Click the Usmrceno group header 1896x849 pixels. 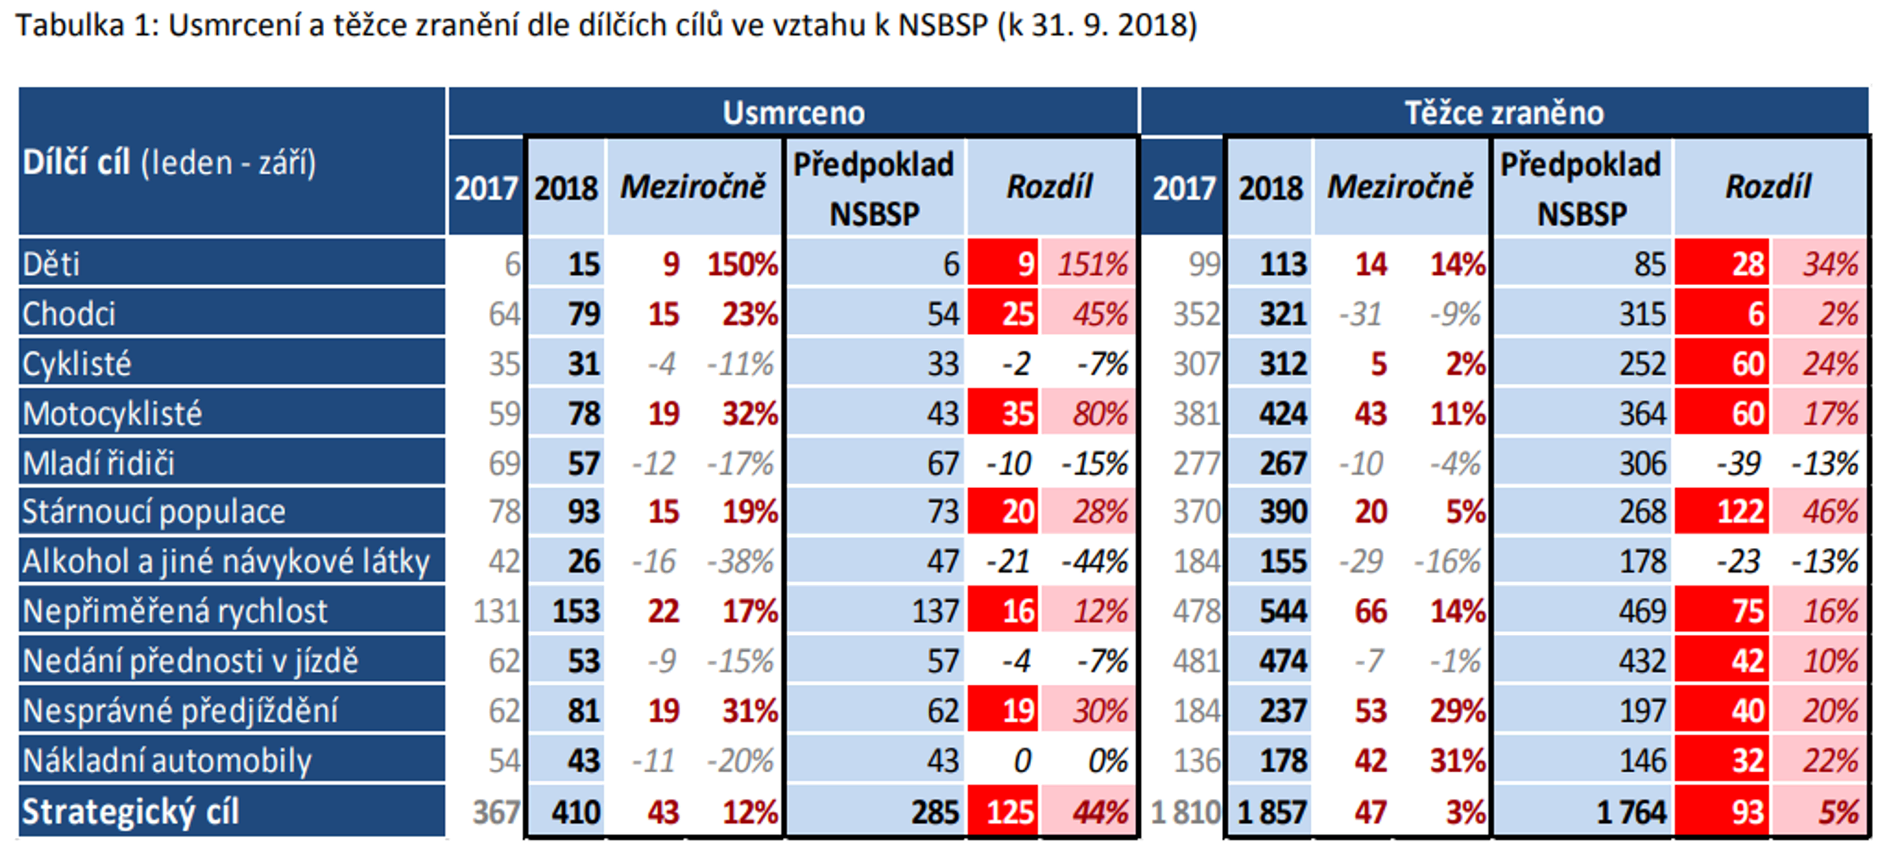[793, 113]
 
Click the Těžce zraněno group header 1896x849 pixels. [1503, 113]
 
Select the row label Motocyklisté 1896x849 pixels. [112, 414]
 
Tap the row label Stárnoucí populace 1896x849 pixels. [153, 512]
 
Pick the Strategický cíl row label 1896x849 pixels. [130, 812]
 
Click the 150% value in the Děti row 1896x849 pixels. [742, 265]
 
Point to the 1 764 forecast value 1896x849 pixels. [1631, 812]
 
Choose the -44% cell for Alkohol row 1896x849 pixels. [1094, 562]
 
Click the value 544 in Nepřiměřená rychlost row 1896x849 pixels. [1282, 611]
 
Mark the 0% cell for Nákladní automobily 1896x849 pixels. [1107, 761]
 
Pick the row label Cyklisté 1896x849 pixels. [77, 364]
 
